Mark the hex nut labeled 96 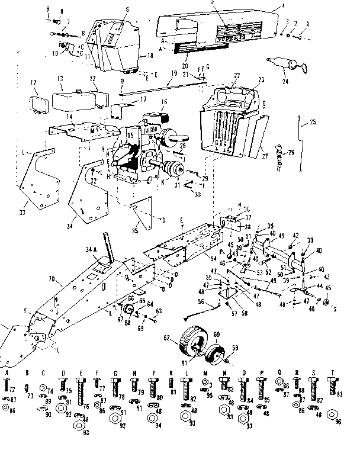pos(338,422)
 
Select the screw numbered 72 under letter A pos(7,388)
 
